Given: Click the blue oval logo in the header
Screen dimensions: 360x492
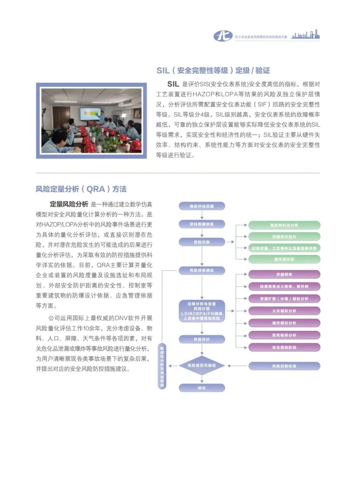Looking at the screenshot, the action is click(x=223, y=36).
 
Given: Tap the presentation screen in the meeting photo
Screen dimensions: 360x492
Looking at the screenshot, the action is click(x=90, y=114).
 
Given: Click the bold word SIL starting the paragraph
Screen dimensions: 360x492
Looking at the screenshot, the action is click(x=173, y=84).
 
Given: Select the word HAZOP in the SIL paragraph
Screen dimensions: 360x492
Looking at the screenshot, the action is click(x=204, y=94).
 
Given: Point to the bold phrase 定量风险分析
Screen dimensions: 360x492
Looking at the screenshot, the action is click(x=69, y=204).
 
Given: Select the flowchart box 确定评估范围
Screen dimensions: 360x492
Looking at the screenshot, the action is click(x=202, y=206).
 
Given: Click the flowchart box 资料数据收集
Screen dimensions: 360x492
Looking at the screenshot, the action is click(x=202, y=224).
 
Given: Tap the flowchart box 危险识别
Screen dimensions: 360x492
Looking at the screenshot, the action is click(x=202, y=242).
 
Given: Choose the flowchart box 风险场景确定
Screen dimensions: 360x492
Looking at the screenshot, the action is click(x=202, y=270).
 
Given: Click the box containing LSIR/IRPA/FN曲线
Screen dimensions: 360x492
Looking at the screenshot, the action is click(x=202, y=311).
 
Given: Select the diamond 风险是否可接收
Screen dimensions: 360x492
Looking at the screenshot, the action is click(x=202, y=366).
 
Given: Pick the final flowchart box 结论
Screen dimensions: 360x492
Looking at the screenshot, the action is click(x=202, y=388).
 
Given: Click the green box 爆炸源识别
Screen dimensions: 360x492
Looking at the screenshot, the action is click(x=284, y=259).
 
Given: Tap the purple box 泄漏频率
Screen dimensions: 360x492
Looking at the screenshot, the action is click(x=284, y=275).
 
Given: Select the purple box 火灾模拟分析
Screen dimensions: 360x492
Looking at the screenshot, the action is click(x=284, y=311).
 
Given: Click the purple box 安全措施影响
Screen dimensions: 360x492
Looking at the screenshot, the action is click(x=284, y=347).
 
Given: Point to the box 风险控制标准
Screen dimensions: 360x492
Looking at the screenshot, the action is click(x=284, y=366).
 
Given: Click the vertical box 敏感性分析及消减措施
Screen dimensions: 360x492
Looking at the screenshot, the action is click(x=162, y=366).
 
